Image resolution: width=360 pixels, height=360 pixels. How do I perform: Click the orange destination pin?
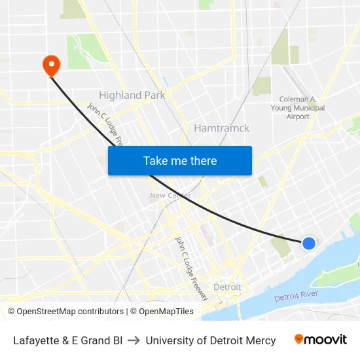coord(51,64)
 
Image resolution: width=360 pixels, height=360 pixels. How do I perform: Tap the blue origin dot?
coord(309,243)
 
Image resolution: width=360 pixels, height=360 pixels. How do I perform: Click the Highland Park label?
coord(132,96)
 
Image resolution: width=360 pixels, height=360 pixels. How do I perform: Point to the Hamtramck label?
coord(221,128)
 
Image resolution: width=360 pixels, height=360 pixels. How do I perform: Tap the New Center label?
coord(170,195)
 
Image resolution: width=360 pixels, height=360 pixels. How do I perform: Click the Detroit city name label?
coord(227,287)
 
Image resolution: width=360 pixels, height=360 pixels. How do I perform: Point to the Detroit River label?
coord(296,296)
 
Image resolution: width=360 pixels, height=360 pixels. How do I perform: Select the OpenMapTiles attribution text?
coord(166,312)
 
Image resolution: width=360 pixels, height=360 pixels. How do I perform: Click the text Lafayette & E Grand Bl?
coord(67,340)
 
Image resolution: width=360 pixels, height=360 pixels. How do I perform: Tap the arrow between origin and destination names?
coord(134,340)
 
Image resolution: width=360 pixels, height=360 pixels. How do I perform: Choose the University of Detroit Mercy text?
coord(211,340)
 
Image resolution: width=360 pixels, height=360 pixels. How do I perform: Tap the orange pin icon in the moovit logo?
coord(299,339)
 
